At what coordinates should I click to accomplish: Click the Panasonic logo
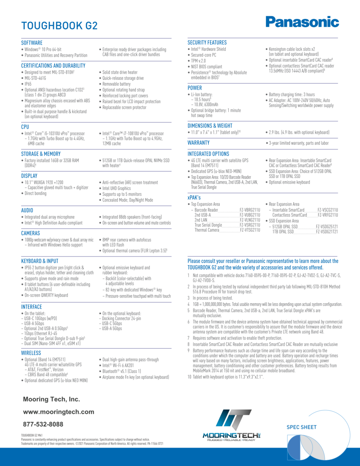302,22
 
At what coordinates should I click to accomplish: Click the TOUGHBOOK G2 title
59,26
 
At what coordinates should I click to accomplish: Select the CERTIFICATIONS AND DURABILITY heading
53,66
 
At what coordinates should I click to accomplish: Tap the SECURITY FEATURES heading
207,42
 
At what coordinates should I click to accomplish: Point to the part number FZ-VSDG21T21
327,232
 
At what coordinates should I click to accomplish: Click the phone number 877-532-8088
43,424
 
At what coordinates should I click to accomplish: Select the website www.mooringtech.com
59,412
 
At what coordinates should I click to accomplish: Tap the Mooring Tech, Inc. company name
51,399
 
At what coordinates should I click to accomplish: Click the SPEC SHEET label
301,427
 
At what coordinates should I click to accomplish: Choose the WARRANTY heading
198,143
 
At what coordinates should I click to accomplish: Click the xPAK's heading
194,198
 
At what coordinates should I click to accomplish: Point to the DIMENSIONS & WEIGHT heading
210,126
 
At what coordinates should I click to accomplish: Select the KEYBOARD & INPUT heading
40,261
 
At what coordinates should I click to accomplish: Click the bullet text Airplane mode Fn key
135,377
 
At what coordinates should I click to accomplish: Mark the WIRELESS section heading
31,353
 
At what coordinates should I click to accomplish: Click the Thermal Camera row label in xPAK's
207,230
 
